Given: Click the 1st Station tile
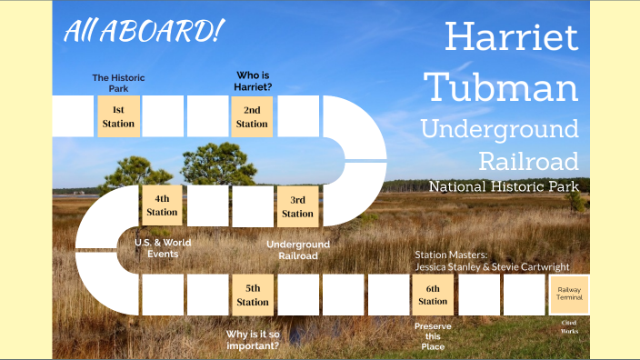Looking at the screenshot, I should click(118, 116).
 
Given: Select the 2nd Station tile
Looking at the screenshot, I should click(252, 116).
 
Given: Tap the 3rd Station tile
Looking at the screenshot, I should click(297, 206).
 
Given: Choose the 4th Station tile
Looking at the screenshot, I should click(163, 205).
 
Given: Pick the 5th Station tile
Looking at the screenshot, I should click(253, 295).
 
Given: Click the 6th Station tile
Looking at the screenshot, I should click(433, 295).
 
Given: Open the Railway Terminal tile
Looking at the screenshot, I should click(569, 295).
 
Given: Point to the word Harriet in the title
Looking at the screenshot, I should click(512, 37).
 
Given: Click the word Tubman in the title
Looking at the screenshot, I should click(503, 87).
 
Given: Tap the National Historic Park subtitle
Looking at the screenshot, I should click(504, 186).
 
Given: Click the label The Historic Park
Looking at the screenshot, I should click(118, 83).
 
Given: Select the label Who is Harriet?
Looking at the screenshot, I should click(254, 82).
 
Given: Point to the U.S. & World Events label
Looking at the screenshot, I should click(163, 247).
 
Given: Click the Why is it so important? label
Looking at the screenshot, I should click(253, 339).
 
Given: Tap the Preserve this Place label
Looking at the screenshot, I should click(433, 335).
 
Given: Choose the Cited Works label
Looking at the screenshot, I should click(569, 326).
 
